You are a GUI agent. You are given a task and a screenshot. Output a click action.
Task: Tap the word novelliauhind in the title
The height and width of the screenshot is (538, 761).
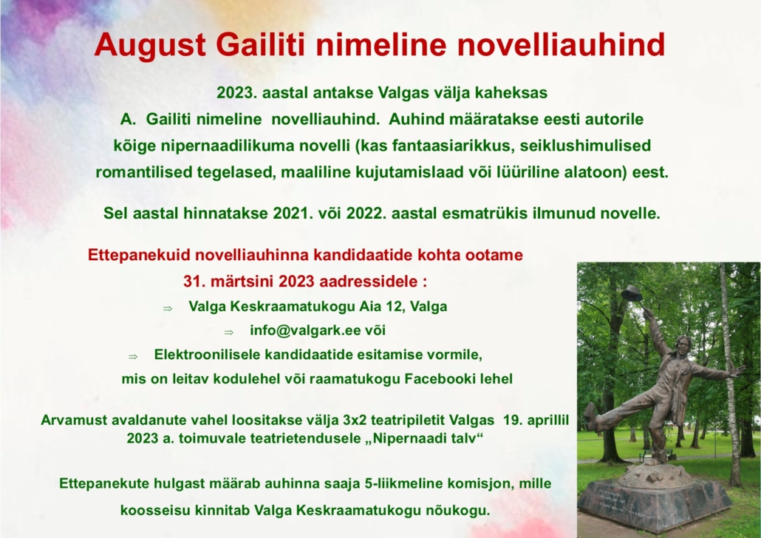point(561,44)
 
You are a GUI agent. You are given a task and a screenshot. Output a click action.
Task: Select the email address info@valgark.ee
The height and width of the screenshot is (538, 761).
point(305,330)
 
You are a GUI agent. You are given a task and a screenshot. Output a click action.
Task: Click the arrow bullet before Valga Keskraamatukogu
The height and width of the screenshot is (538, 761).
point(168,308)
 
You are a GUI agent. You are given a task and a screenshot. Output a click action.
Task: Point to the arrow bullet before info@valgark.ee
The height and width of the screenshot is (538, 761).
point(229,333)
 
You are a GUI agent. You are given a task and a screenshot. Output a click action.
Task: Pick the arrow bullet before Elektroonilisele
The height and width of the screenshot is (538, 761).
point(133,357)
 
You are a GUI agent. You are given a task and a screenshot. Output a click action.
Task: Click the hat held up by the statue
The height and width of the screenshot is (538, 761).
point(632,293)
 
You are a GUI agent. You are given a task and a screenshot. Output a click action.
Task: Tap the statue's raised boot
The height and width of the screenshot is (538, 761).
point(590,415)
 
